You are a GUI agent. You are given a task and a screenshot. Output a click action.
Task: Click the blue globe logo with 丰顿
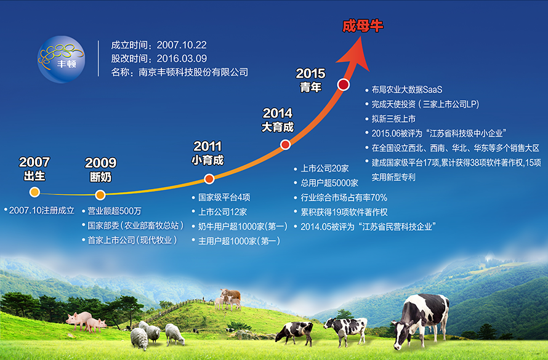[61, 59]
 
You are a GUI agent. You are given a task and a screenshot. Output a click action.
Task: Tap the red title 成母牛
[363, 26]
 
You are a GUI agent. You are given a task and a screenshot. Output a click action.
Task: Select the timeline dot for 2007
[34, 192]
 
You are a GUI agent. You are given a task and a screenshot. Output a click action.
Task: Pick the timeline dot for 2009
[100, 195]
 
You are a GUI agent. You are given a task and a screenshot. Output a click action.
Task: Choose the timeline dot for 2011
[209, 179]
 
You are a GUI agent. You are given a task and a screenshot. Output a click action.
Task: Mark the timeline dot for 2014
[286, 144]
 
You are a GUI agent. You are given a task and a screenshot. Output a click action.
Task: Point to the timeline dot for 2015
[343, 84]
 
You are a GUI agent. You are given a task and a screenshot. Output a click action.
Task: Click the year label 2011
[208, 146]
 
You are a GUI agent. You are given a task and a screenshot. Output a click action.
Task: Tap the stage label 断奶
[100, 177]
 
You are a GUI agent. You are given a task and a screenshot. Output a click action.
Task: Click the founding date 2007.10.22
[182, 45]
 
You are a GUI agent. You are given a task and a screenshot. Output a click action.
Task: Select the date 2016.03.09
[182, 58]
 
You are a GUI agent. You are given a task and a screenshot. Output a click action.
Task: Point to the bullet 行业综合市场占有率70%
[344, 198]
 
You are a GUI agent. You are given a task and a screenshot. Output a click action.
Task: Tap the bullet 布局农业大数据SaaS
[407, 90]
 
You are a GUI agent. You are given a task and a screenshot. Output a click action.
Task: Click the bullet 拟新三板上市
[393, 119]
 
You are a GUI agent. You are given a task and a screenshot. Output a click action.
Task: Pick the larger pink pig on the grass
[79, 320]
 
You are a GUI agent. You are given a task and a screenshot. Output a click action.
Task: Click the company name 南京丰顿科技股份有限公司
[193, 72]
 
